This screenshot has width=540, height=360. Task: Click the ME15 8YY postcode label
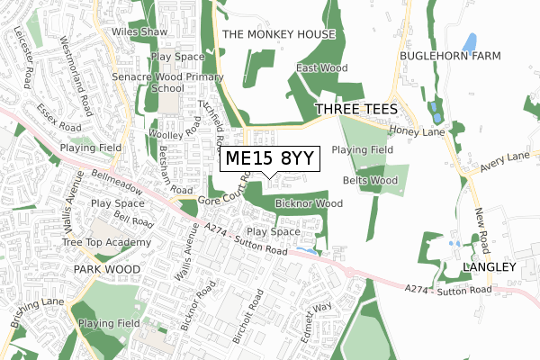click(x=269, y=159)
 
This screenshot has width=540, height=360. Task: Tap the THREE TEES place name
click(x=356, y=109)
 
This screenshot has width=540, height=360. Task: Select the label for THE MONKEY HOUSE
click(x=278, y=34)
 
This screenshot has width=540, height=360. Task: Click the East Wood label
click(x=321, y=67)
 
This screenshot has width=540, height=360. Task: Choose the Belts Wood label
click(x=370, y=180)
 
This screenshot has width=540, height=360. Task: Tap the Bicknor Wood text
click(x=309, y=203)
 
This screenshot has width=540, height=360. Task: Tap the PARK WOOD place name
click(x=107, y=269)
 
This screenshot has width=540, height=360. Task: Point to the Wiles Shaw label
click(x=139, y=31)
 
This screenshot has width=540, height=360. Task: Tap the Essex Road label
click(x=59, y=119)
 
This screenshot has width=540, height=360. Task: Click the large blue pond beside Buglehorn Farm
click(x=469, y=41)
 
